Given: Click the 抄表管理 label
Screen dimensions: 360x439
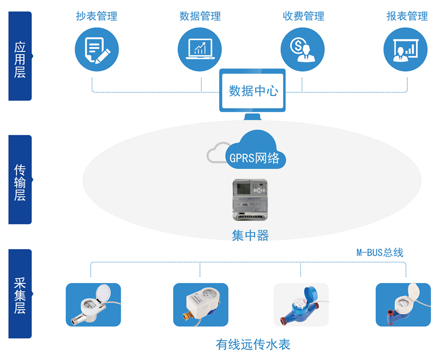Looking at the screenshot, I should tap(97, 16).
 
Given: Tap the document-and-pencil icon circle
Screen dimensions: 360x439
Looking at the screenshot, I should tap(97, 49).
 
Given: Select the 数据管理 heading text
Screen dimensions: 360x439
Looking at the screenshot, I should tap(200, 16).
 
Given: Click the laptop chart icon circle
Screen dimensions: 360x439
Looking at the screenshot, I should tap(200, 49).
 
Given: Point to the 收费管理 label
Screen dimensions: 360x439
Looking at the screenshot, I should tap(303, 16).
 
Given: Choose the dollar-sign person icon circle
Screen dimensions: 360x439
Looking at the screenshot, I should tap(302, 49).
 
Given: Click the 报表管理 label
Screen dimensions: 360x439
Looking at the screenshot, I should tap(407, 16).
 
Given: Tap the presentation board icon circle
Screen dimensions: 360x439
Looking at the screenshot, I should tap(405, 49).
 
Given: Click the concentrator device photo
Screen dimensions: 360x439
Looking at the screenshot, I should tap(250, 200).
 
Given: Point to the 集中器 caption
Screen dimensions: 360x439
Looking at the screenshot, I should tap(250, 236).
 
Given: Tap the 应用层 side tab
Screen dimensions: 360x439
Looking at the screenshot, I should tap(20, 56).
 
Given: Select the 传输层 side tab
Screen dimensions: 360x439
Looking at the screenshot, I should tap(20, 180).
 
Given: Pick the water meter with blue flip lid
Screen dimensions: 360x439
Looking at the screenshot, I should tap(301, 305).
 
